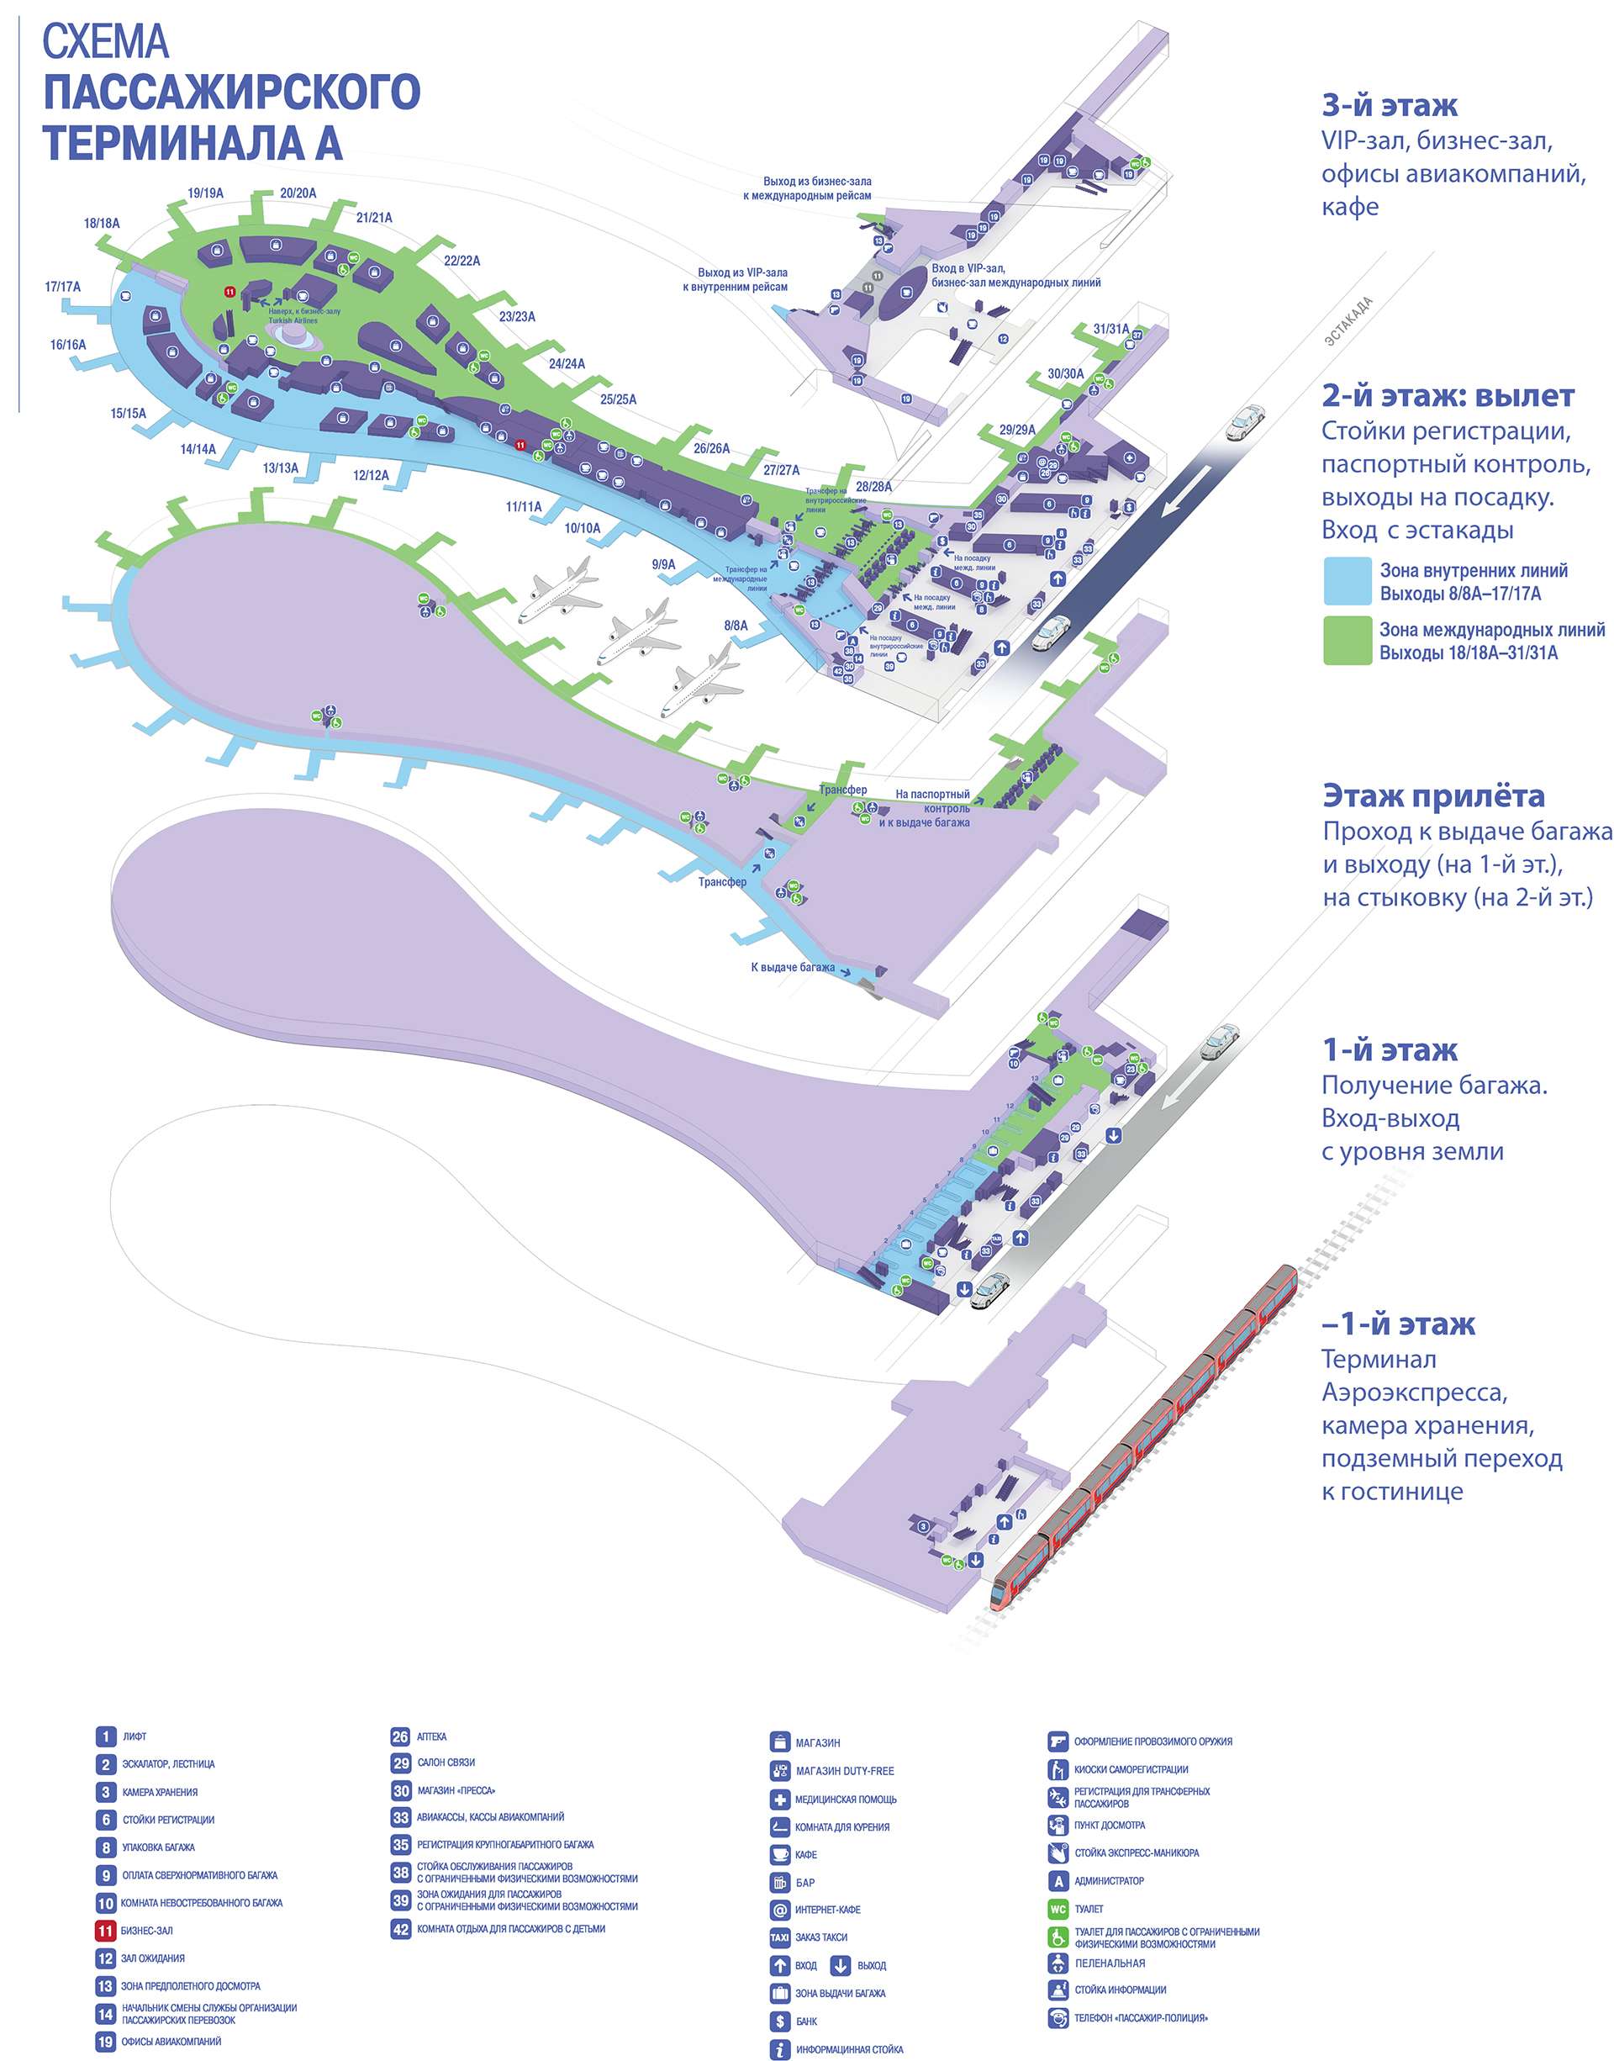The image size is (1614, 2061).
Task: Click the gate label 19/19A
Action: pyautogui.click(x=205, y=193)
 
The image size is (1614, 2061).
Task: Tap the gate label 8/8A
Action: pyautogui.click(x=736, y=625)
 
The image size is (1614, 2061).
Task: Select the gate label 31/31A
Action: pyautogui.click(x=1110, y=329)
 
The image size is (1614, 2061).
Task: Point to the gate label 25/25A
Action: pyautogui.click(x=618, y=399)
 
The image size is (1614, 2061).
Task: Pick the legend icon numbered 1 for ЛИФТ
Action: pyautogui.click(x=106, y=1736)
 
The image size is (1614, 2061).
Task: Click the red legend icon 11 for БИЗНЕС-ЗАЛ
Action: pyautogui.click(x=106, y=1931)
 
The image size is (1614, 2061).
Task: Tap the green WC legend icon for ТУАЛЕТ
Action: pyautogui.click(x=1058, y=1909)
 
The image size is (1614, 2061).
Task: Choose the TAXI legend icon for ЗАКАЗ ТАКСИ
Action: pyautogui.click(x=779, y=1937)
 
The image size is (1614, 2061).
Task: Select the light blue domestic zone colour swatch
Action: pyautogui.click(x=1347, y=581)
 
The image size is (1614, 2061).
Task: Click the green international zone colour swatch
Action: pyautogui.click(x=1347, y=640)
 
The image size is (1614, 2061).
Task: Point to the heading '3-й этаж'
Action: pyautogui.click(x=1389, y=105)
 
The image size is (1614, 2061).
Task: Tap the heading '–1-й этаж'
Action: pyautogui.click(x=1399, y=1324)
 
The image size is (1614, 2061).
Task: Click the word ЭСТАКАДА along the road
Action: pyautogui.click(x=1348, y=321)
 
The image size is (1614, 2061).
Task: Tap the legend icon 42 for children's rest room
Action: pyautogui.click(x=401, y=1929)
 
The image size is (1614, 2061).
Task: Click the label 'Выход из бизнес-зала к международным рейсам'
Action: pyautogui.click(x=816, y=188)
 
